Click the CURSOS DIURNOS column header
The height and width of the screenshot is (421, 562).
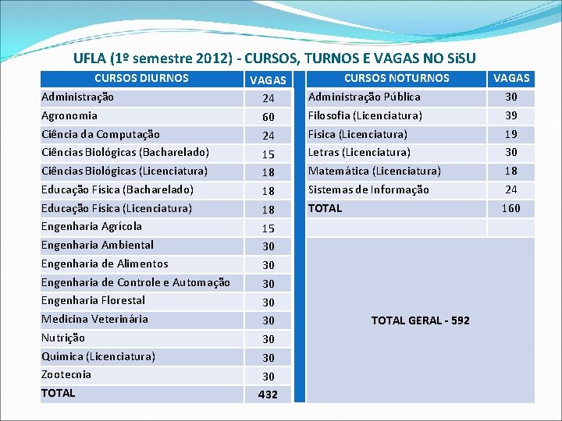coord(141,78)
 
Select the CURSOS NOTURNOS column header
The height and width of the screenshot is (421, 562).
coord(397,78)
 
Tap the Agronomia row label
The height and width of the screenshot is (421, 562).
coord(69,115)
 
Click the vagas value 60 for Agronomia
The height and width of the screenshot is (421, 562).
coord(268,117)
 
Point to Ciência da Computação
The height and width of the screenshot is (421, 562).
coord(101,134)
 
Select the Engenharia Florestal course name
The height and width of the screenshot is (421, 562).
coord(93,300)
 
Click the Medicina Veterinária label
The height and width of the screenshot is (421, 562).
coord(94,319)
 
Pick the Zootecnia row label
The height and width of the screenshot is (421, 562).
coord(66,374)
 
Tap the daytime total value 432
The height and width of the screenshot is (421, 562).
coord(268,394)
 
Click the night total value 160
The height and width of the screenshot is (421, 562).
coord(510,208)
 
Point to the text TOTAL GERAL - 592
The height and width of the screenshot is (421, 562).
coord(421,320)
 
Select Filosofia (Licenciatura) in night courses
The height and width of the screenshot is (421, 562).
coord(365,115)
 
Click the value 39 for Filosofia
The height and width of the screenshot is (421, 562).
coord(510,115)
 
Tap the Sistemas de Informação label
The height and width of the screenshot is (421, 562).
coord(368,189)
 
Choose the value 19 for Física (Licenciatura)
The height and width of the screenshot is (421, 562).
coord(510,134)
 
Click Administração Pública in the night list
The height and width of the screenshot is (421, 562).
coord(365,97)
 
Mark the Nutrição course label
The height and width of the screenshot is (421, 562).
coord(63,338)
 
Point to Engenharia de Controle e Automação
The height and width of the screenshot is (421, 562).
coord(136,282)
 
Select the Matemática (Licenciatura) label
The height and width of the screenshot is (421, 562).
coord(375,171)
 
